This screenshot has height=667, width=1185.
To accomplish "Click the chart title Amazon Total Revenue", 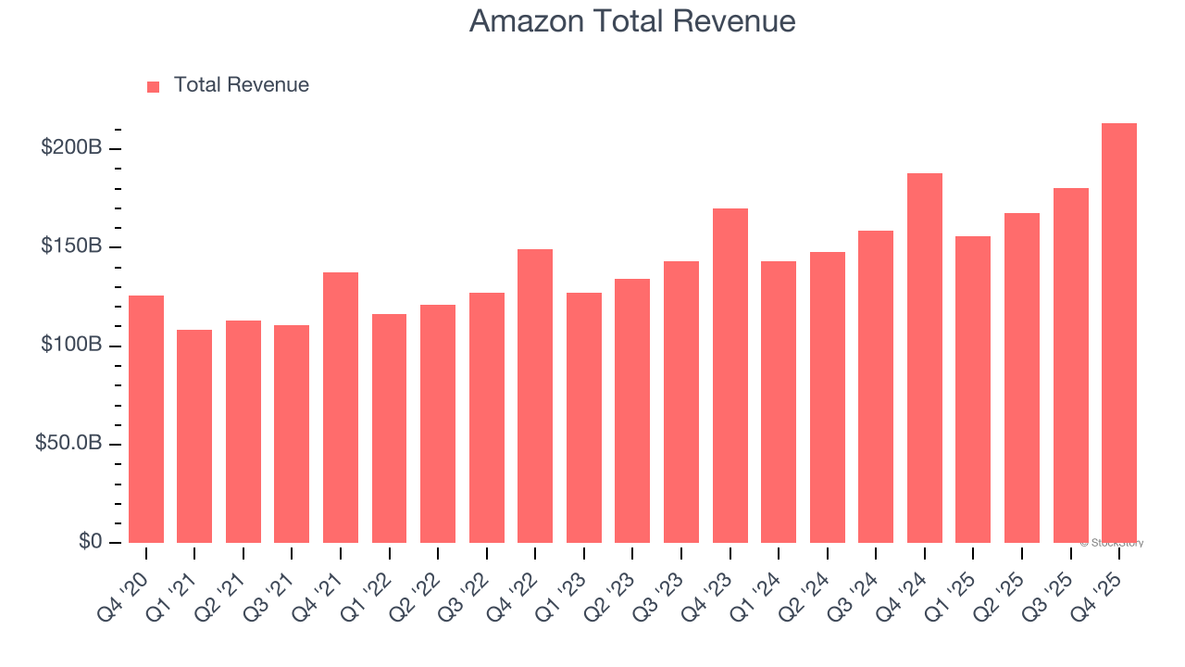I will (632, 20).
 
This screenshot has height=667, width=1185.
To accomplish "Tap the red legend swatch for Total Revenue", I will (154, 86).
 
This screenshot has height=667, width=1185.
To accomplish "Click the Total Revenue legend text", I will (241, 85).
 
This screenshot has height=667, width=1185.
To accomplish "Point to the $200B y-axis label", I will (71, 148).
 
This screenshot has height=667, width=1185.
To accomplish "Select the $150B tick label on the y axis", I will (71, 246).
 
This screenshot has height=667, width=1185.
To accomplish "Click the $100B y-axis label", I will (71, 345).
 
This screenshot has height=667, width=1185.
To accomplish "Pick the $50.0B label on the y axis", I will (68, 444).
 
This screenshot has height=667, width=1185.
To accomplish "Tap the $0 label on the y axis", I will (90, 542).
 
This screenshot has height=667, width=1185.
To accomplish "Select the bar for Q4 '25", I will (1119, 333).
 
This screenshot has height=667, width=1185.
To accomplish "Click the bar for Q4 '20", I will (146, 419).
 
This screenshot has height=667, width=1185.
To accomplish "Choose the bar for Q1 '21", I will (194, 436).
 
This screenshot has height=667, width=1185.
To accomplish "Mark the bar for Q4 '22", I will (535, 396).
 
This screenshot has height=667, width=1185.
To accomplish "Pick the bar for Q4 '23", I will (730, 375).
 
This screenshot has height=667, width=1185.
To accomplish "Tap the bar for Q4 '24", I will (925, 358).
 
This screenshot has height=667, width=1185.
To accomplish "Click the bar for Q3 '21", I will (292, 434).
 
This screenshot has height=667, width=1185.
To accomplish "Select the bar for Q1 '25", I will (973, 389).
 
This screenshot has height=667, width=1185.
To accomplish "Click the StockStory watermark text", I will (1112, 543).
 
